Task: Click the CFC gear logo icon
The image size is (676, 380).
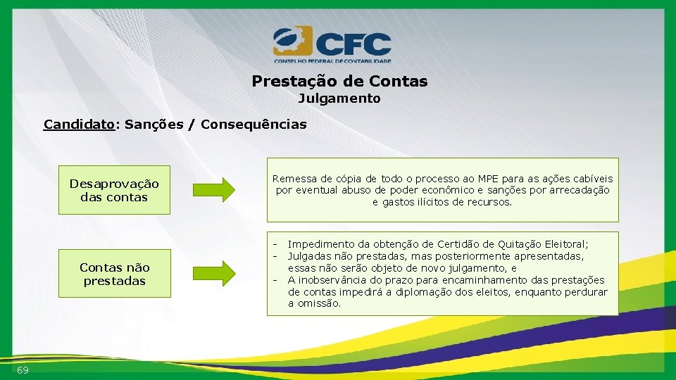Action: click(292, 42)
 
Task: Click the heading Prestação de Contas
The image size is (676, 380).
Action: click(339, 81)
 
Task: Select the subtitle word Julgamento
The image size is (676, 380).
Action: click(339, 99)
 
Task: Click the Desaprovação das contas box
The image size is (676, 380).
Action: click(114, 191)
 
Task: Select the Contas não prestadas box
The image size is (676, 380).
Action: click(114, 274)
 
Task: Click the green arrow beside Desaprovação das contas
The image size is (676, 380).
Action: click(214, 190)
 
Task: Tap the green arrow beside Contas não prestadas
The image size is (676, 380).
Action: click(214, 273)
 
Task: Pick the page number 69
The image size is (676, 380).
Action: click(23, 370)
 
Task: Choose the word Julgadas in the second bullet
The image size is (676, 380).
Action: click(311, 256)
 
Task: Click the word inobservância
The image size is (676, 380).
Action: click(334, 280)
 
